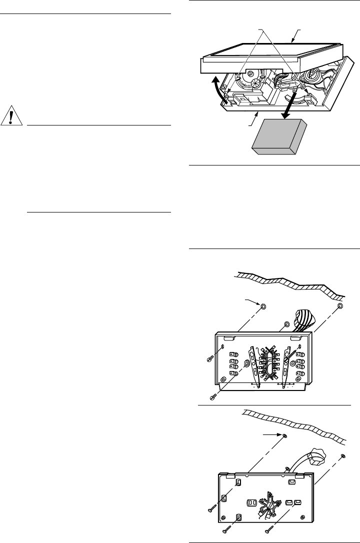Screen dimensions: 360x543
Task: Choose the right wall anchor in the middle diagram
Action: coord(339,305)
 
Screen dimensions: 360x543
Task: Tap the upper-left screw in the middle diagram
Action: coord(210,358)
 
